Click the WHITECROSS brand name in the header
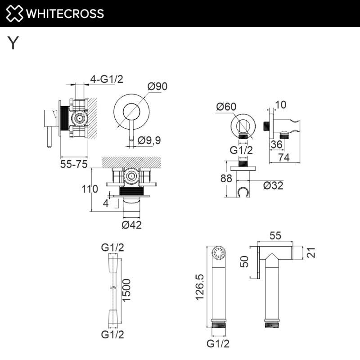pyautogui.click(x=65, y=13)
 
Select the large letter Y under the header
pyautogui.click(x=13, y=43)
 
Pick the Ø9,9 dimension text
pyautogui.click(x=149, y=140)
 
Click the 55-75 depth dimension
pyautogui.click(x=74, y=165)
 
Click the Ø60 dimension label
pyautogui.click(x=226, y=107)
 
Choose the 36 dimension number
pyautogui.click(x=277, y=144)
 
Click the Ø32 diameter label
pyautogui.click(x=273, y=185)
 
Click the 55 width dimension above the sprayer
pyautogui.click(x=276, y=235)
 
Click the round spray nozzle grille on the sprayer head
pyautogui.click(x=218, y=252)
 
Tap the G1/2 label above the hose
pyautogui.click(x=112, y=247)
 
